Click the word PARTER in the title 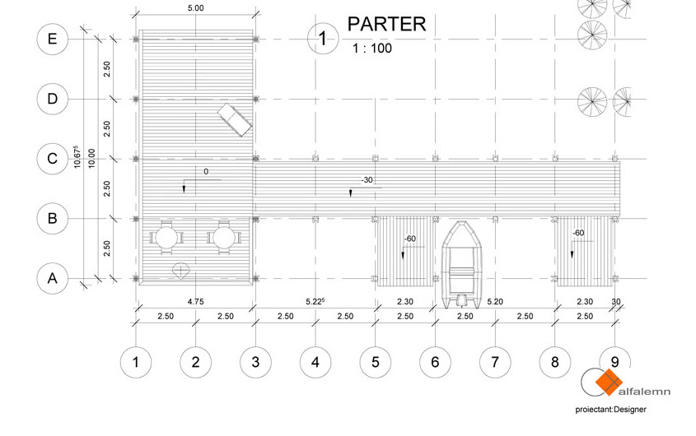tap(386, 24)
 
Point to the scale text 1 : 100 tap(372, 48)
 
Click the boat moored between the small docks tap(462, 264)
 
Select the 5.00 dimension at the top tap(196, 8)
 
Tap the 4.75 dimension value tap(195, 302)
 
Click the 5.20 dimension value tap(495, 302)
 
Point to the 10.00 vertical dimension tap(91, 158)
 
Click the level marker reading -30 tap(367, 180)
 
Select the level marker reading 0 tap(206, 172)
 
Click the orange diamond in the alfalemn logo tap(609, 382)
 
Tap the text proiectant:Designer tap(611, 410)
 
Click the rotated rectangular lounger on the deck tap(235, 120)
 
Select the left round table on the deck tap(166, 238)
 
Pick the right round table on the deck tap(224, 238)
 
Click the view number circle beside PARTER tap(323, 39)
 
